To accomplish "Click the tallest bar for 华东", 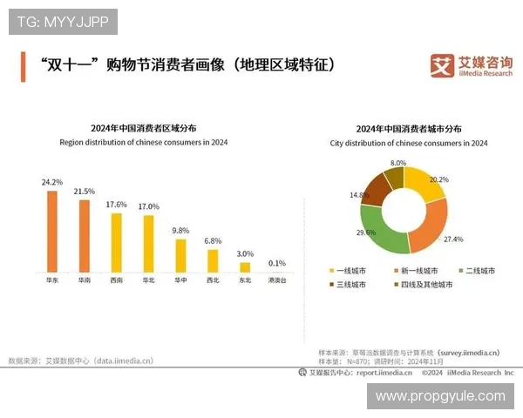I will [x=52, y=231].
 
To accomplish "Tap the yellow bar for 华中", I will [x=180, y=254].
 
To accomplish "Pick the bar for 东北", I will [x=245, y=266].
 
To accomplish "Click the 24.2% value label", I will [x=51, y=182].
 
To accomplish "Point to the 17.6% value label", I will [x=116, y=204].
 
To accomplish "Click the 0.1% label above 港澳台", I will [x=277, y=263].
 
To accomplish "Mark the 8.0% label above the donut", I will [x=398, y=163].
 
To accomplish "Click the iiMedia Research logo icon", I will [x=442, y=65].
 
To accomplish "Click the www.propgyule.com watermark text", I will [x=439, y=395].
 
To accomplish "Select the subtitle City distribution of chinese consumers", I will [x=409, y=143].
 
